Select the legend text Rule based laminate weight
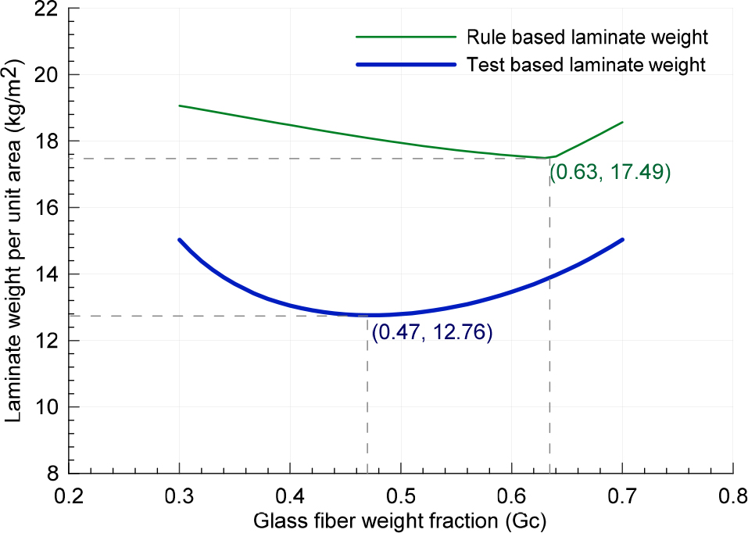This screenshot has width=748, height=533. click(587, 38)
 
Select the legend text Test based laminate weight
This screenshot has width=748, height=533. click(585, 64)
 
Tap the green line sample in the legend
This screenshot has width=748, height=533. click(406, 37)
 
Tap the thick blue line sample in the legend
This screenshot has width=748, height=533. click(406, 64)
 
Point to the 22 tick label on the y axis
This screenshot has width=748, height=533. click(46, 9)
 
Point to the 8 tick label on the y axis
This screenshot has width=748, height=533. click(52, 474)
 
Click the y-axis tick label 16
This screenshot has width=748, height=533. click(46, 208)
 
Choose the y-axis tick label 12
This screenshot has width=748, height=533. click(46, 340)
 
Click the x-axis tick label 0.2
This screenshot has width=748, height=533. click(69, 495)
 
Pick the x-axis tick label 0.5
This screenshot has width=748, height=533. click(401, 495)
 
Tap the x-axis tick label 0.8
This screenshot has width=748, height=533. click(733, 495)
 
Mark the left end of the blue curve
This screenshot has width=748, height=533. click(179, 240)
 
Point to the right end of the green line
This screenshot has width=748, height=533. click(622, 122)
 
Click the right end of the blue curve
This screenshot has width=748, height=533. click(622, 240)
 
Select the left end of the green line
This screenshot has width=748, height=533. click(179, 106)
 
